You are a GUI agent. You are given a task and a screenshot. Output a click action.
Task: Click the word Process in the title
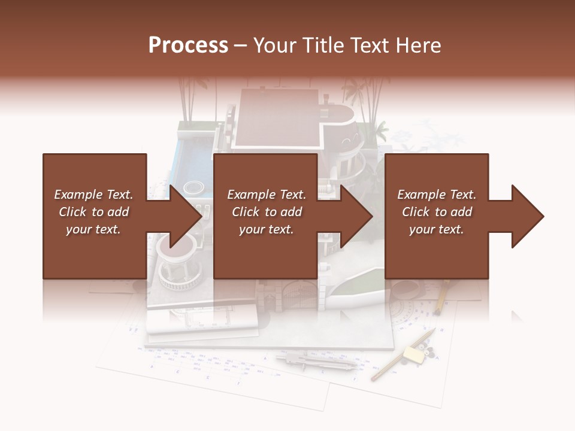coord(188,45)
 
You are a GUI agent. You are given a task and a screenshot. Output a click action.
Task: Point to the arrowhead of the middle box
coord(358,216)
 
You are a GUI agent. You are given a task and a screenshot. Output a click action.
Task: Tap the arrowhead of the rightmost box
coord(528,216)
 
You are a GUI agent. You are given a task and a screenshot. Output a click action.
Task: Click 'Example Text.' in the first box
coord(93,195)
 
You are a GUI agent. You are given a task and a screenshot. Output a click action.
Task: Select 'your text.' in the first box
coord(93,229)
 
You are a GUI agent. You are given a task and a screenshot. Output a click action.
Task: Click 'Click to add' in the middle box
coord(267,212)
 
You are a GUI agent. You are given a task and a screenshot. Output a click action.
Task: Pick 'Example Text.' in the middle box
coord(267,195)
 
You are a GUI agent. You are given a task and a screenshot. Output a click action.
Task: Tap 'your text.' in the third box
coord(437,229)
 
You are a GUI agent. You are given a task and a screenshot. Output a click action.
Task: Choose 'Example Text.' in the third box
coord(437,195)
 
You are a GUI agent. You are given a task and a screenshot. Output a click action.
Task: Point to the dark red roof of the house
coord(276,117)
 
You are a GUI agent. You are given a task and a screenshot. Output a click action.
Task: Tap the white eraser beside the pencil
coord(413,354)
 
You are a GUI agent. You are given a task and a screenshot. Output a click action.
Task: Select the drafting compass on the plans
coord(317,362)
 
